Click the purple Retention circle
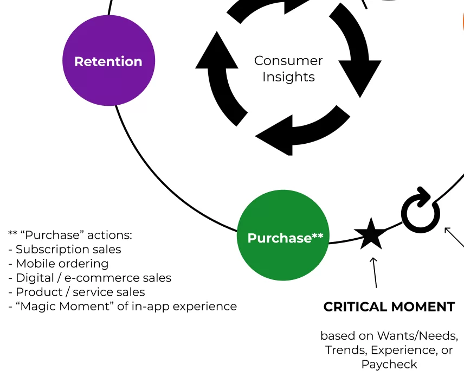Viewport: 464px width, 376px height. (108, 61)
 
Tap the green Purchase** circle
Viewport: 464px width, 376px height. (283, 236)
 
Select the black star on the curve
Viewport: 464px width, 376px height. (371, 234)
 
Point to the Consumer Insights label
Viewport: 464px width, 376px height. (288, 69)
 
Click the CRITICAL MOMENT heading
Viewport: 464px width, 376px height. (389, 307)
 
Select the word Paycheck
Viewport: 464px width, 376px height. (389, 364)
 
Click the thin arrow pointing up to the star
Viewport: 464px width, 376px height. (374, 271)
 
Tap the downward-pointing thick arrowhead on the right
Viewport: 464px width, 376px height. (360, 79)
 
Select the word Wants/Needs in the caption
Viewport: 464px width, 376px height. (417, 336)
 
